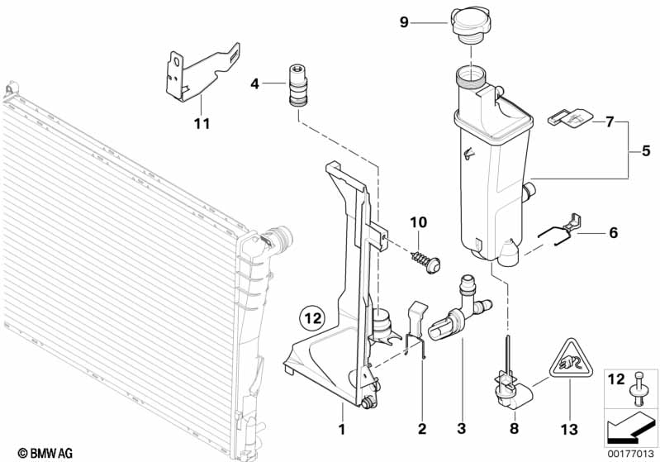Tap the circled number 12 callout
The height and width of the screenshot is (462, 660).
click(x=313, y=317)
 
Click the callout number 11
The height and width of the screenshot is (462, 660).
click(x=202, y=123)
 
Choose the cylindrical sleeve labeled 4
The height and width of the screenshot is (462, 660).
click(x=297, y=85)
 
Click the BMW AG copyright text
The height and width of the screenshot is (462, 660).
click(x=45, y=453)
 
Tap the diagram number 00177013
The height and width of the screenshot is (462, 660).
click(x=630, y=454)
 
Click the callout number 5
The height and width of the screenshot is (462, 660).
click(x=646, y=150)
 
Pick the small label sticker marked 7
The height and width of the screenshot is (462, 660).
click(x=569, y=117)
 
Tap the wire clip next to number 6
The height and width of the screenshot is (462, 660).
click(x=561, y=229)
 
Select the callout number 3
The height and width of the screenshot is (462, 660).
click(x=461, y=428)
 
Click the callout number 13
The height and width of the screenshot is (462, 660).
click(x=569, y=429)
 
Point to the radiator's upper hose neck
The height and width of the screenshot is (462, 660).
click(x=277, y=238)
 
